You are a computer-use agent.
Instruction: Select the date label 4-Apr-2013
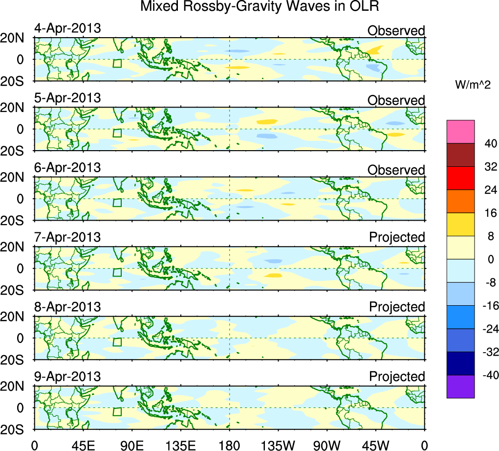click(67, 28)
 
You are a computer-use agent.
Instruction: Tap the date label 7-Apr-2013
click(67, 237)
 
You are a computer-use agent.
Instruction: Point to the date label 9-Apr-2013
click(67, 377)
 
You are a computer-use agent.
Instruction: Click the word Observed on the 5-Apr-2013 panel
click(396, 100)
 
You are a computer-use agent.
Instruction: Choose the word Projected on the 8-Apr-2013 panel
click(397, 307)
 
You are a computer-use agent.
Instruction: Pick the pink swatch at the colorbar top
click(460, 132)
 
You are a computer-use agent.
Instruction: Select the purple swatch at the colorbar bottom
click(460, 386)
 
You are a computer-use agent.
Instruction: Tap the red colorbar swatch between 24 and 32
click(460, 178)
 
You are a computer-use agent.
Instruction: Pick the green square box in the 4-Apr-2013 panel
click(117, 63)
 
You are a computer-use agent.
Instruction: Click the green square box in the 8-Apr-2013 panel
click(117, 342)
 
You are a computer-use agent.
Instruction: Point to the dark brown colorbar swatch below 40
click(460, 155)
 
